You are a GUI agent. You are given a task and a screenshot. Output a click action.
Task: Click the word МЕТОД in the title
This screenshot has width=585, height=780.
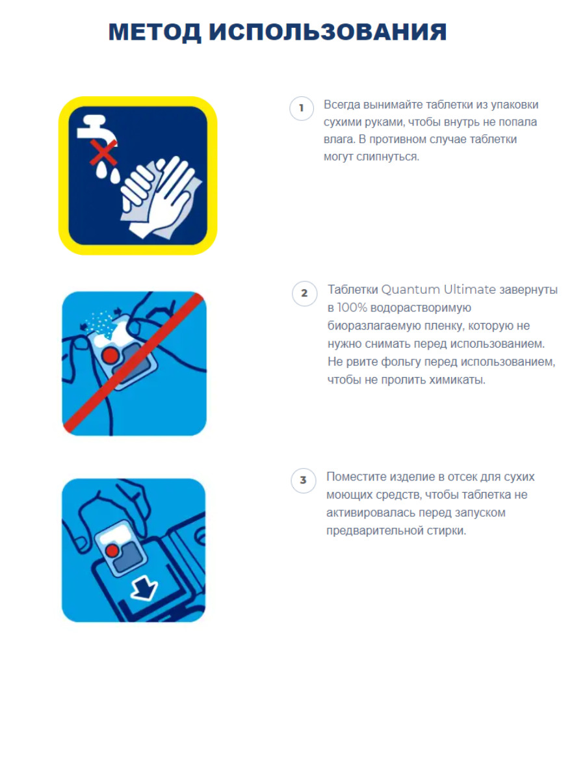(x=155, y=32)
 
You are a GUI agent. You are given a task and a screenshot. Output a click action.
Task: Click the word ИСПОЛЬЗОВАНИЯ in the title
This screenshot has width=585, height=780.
(x=328, y=32)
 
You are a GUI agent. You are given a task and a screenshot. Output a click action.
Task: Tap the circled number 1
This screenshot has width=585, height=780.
(x=301, y=108)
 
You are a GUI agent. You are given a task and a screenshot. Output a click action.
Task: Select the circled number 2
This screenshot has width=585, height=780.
(x=304, y=293)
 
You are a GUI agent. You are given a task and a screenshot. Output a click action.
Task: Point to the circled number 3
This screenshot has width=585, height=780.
(x=303, y=480)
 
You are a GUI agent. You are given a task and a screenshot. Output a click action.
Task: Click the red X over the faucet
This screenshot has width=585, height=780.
(x=103, y=153)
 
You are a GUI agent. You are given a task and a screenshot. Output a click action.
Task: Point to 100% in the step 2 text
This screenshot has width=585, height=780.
(x=352, y=307)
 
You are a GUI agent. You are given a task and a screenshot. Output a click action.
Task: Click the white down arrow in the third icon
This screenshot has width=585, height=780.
(x=144, y=588)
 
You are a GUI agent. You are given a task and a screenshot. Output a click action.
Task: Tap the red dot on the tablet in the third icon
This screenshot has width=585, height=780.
(x=112, y=550)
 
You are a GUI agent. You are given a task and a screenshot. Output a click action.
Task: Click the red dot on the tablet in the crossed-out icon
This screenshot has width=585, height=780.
(x=110, y=355)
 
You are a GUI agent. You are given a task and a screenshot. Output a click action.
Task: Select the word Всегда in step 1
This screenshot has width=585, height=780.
(x=341, y=105)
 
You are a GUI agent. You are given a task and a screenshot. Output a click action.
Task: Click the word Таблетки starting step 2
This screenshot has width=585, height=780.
(x=352, y=290)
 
